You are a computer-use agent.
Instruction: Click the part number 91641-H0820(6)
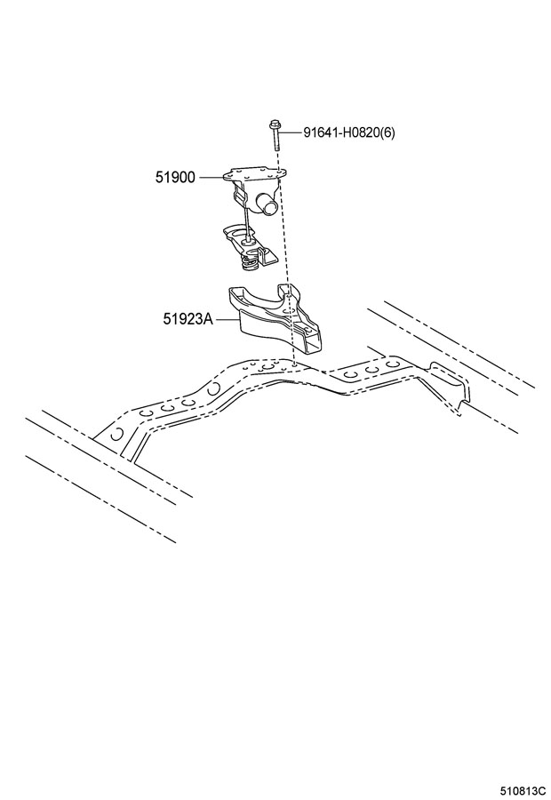pos(349,132)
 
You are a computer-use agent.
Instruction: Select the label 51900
pos(175,178)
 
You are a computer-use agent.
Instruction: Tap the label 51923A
pos(188,319)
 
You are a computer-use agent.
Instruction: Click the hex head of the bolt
pos(274,124)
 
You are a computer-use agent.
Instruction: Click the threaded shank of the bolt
pos(275,140)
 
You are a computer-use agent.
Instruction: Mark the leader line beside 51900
pos(211,178)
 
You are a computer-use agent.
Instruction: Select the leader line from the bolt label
pos(291,132)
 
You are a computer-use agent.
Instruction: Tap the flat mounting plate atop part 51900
pos(255,173)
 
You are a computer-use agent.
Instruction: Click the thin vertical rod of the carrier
pos(246,223)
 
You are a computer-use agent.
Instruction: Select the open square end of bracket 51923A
pos(311,343)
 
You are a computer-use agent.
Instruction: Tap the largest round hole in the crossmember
pos(267,367)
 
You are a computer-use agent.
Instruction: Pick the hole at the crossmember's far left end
pos(116,434)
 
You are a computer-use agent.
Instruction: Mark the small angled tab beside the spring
pos(268,257)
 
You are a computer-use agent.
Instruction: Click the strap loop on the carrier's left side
pos(238,193)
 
